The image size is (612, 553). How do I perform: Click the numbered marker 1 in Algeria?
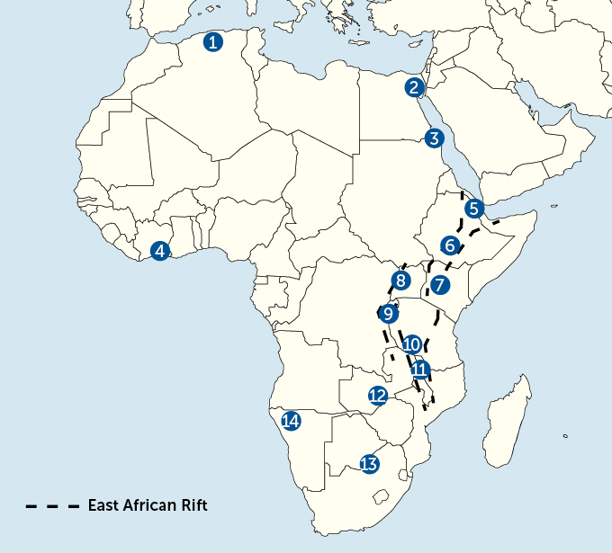pos(212,41)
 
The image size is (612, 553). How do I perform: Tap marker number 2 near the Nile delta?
pos(414,87)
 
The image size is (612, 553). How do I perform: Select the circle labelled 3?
pos(435,138)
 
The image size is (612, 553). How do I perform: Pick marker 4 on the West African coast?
pos(160,251)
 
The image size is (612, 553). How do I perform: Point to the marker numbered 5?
pos(474,209)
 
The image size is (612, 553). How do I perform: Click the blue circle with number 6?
pos(450,245)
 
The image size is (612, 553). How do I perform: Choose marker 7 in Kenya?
pos(439,286)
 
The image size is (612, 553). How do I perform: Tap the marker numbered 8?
pos(400,281)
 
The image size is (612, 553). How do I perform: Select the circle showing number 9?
pos(388,314)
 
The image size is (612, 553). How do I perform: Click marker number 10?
pos(412,343)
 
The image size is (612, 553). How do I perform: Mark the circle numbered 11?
pos(419,369)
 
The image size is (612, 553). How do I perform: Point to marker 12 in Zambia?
pos(378,395)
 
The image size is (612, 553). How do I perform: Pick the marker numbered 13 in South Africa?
pos(368,464)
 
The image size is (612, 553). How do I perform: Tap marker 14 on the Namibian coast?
pos(290,421)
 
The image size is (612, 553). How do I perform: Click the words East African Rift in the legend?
pos(148,505)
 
